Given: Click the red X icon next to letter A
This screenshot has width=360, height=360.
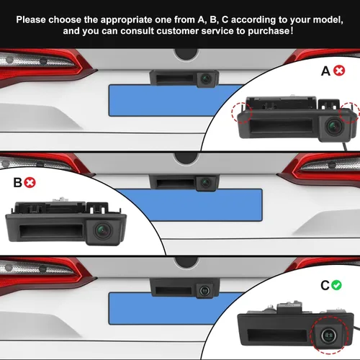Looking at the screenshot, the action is click(x=339, y=71).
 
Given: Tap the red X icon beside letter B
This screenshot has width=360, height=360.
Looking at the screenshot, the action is click(x=30, y=182).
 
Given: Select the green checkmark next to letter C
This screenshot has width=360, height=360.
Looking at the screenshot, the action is click(x=336, y=285).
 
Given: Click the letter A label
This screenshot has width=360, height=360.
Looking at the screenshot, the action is click(x=325, y=71).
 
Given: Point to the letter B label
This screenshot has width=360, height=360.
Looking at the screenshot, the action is click(x=17, y=183).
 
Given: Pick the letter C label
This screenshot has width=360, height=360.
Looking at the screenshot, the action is click(x=325, y=285).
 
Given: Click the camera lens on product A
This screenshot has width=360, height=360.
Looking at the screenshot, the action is click(x=334, y=125).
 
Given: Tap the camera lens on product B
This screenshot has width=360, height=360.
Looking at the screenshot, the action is click(x=104, y=230).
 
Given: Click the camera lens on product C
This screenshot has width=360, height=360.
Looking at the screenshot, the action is click(x=329, y=335).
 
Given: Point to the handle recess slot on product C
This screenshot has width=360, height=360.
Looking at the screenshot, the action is click(x=277, y=335).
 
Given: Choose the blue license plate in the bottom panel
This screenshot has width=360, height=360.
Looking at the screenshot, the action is click(x=173, y=308).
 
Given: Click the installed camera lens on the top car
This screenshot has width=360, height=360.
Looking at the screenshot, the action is click(x=206, y=78).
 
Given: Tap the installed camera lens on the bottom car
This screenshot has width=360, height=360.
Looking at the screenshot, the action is click(x=204, y=290).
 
